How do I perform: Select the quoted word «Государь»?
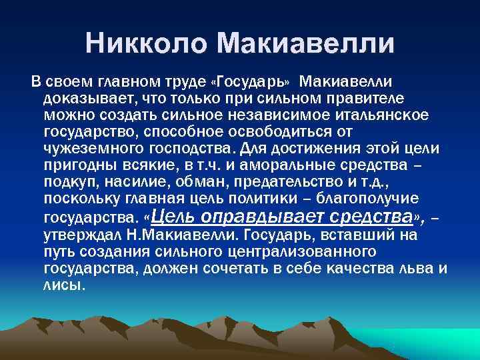click(x=249, y=82)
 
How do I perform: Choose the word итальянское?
click(x=373, y=115)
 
